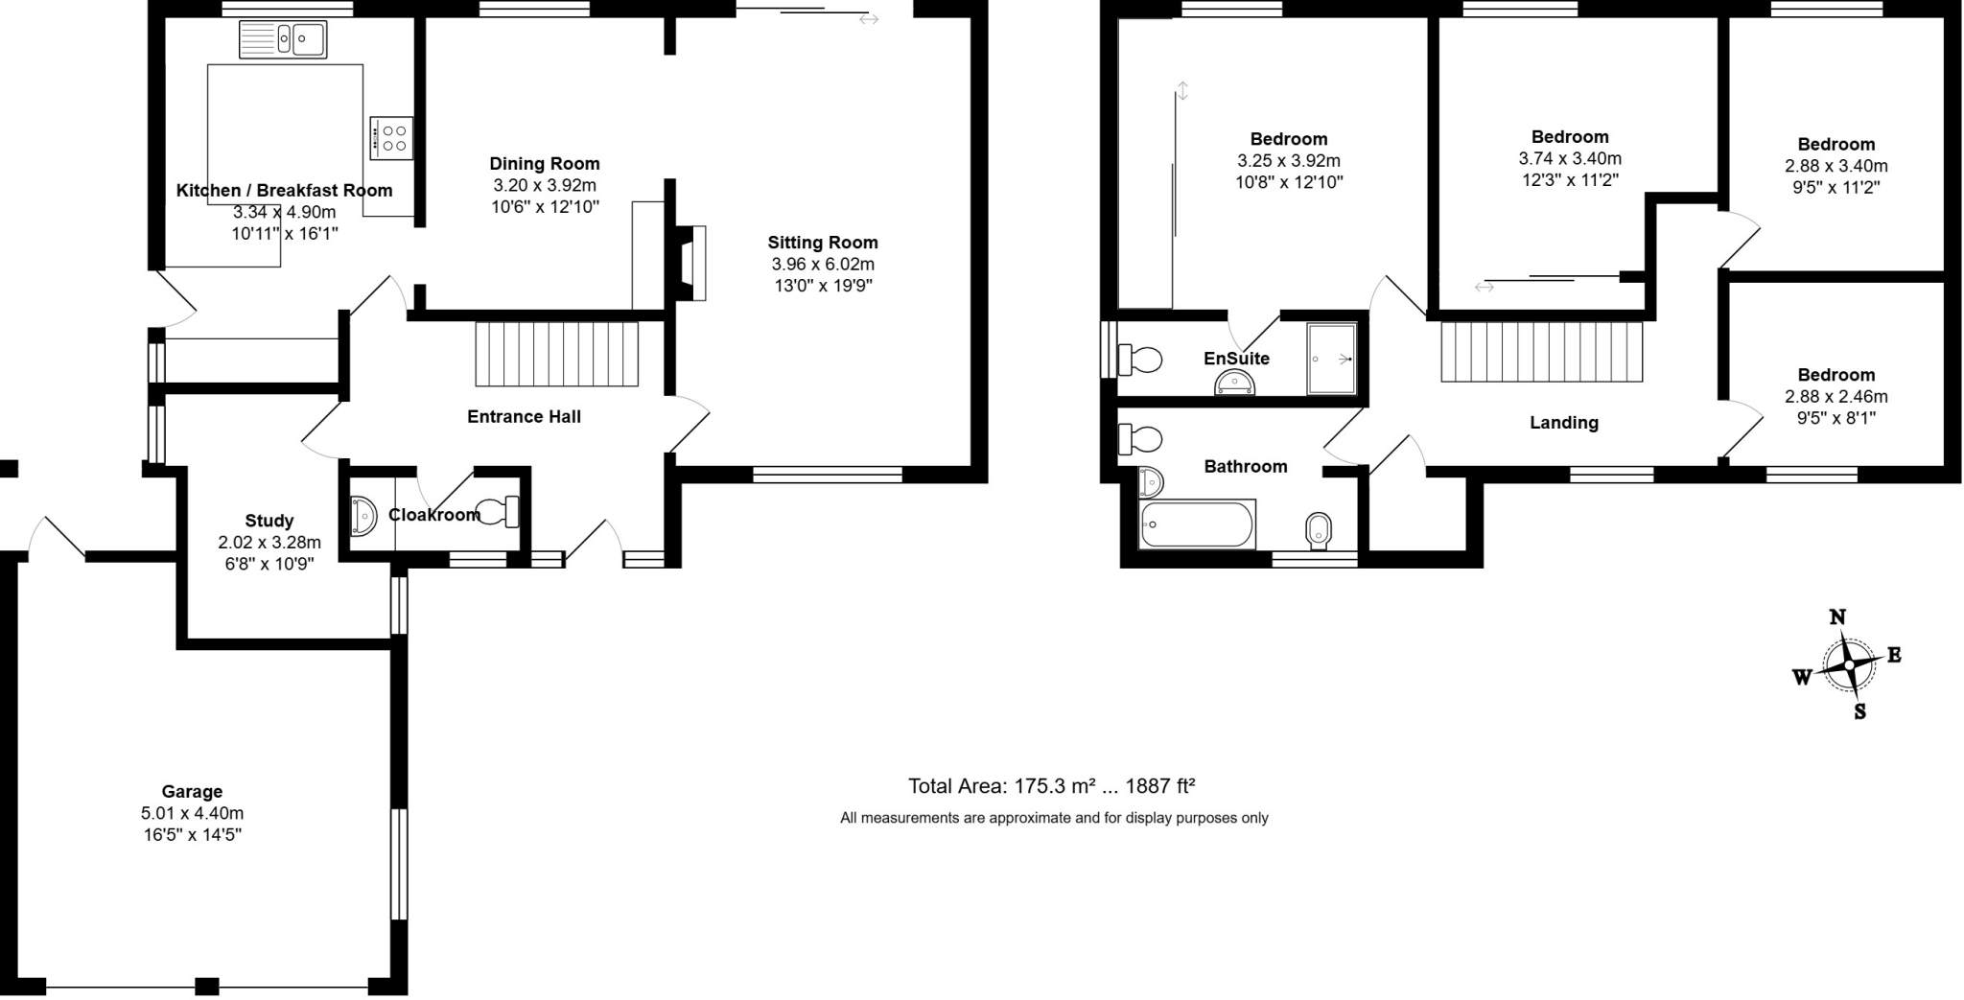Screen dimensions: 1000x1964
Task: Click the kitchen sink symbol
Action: (x=283, y=40)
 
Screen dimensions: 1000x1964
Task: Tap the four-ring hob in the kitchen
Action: (x=393, y=138)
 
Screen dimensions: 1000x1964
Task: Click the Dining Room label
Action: (x=544, y=164)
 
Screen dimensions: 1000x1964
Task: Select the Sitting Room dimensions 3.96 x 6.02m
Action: (x=822, y=265)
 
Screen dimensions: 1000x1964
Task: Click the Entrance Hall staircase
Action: (x=557, y=354)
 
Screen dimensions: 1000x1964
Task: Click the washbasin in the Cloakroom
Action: (x=362, y=516)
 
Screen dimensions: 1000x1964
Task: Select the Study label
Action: (x=269, y=522)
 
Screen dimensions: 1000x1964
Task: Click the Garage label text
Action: (x=192, y=792)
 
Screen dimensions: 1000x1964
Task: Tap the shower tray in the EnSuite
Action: (x=1332, y=359)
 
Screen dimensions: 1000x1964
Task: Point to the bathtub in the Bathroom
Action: (x=1197, y=524)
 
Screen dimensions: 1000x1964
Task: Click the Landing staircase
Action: (x=1542, y=352)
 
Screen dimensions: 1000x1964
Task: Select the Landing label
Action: (x=1563, y=423)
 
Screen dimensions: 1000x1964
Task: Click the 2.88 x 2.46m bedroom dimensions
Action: (x=1835, y=397)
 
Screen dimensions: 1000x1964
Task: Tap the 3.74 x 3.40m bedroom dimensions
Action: (x=1569, y=159)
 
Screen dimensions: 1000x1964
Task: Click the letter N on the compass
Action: (x=1837, y=617)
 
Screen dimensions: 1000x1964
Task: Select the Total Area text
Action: (x=1051, y=787)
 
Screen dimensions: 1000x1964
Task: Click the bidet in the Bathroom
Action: (x=1319, y=530)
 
